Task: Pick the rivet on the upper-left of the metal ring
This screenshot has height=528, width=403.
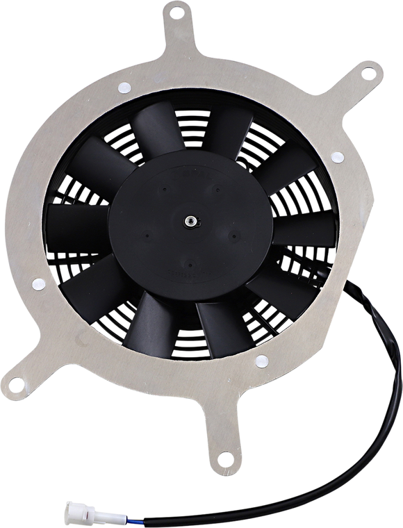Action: (123, 89)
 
